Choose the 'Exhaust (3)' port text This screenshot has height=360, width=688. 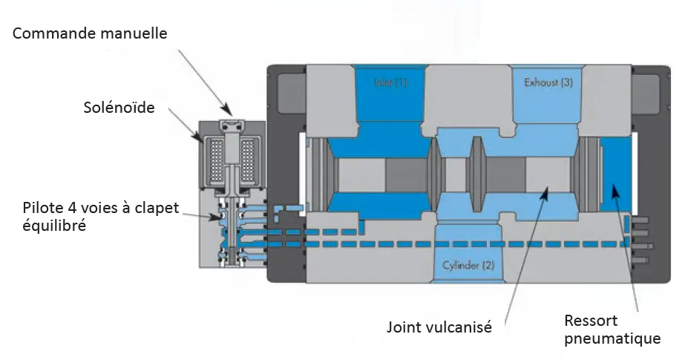pyautogui.click(x=548, y=82)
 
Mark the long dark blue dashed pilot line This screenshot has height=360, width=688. pyautogui.click(x=445, y=243)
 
